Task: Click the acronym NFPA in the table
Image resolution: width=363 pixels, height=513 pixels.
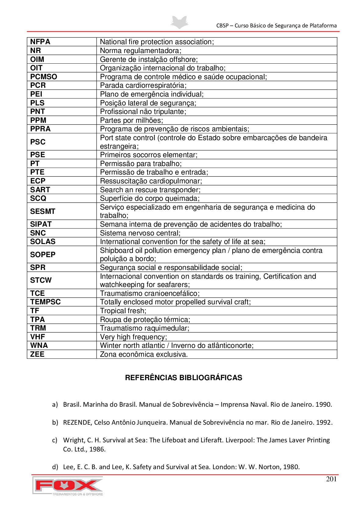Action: (x=40, y=42)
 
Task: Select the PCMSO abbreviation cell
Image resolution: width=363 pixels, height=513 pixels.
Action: (x=44, y=77)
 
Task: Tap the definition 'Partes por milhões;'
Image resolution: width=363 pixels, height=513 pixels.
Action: (x=131, y=120)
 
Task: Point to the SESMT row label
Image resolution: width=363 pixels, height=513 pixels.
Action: (x=43, y=211)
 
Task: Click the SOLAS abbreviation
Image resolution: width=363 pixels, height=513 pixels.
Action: (x=43, y=242)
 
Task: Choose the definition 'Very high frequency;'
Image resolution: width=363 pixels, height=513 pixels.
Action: (x=133, y=337)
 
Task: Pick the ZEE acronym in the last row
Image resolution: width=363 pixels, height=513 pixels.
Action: (x=37, y=354)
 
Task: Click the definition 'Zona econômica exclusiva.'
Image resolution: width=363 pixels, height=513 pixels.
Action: (x=144, y=354)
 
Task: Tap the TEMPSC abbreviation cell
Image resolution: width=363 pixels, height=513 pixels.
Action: (x=45, y=302)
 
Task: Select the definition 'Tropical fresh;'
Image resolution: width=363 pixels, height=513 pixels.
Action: (x=123, y=311)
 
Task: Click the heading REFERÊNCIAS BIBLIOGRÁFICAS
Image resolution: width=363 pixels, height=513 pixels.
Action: (x=183, y=378)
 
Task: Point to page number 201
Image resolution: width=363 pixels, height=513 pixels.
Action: (x=331, y=479)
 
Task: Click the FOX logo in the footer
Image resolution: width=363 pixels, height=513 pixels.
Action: (x=68, y=486)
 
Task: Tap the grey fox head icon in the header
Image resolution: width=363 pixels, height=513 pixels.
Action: (x=180, y=22)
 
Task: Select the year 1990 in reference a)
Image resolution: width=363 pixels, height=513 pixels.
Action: (x=323, y=405)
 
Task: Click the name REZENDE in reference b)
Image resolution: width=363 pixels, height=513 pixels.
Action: (x=77, y=423)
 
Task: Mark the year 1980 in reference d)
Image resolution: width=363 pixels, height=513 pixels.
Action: (x=291, y=467)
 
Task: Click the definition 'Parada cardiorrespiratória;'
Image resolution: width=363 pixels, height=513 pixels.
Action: (x=143, y=85)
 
